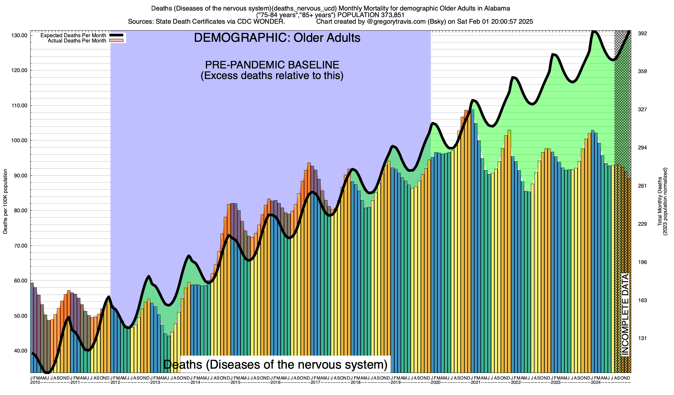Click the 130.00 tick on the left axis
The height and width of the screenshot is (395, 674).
[x=20, y=36]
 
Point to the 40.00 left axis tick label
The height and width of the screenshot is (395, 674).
[x=20, y=351]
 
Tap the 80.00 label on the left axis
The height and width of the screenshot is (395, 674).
[x=20, y=211]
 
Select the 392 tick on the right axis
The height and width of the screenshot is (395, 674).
[x=642, y=34]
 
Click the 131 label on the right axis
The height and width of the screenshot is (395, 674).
[x=642, y=338]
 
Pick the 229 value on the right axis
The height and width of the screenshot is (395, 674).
[x=642, y=224]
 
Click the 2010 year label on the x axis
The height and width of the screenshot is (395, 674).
[x=35, y=382]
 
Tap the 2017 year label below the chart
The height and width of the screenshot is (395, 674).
[x=315, y=382]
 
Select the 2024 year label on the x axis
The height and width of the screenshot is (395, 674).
[x=596, y=382]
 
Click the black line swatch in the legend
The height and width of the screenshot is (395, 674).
[x=116, y=35]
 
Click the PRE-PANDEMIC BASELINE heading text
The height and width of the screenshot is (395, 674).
[x=272, y=65]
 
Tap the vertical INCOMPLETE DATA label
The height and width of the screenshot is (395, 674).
[x=625, y=315]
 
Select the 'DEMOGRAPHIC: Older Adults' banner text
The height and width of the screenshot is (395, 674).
[x=277, y=38]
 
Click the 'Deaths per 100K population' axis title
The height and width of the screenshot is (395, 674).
[x=5, y=201]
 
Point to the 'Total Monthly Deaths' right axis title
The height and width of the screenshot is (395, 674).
[x=660, y=201]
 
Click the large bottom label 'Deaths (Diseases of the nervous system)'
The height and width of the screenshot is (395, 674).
[x=275, y=364]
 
